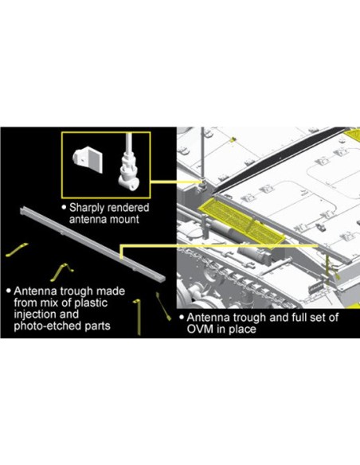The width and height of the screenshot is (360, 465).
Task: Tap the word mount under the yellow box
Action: click(125, 220)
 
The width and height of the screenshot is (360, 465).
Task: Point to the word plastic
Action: click(92, 303)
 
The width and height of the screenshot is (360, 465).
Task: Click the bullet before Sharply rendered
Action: click(64, 207)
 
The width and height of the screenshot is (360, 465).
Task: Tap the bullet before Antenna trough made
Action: click(10, 291)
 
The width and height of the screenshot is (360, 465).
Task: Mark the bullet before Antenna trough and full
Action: click(182, 317)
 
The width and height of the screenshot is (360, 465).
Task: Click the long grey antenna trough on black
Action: click(92, 244)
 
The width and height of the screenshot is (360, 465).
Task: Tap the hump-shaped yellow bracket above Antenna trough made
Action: click(62, 272)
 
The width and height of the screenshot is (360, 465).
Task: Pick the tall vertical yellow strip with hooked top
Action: click(138, 317)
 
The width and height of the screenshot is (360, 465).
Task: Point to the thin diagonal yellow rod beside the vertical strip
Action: click(163, 307)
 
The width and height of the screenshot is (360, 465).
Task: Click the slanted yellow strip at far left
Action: click(17, 250)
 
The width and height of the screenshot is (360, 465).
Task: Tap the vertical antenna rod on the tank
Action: click(203, 154)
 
